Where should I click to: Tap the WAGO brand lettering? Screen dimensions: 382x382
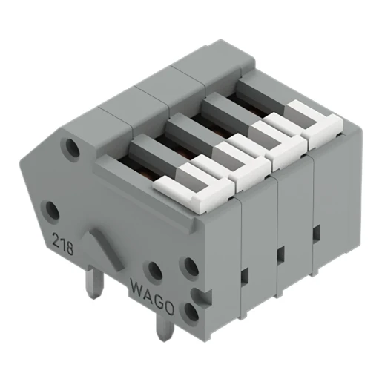(152, 290)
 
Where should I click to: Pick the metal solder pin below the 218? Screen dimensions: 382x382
(93, 283)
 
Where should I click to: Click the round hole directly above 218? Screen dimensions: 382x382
(53, 211)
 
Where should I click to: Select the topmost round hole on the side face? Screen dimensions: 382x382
(73, 149)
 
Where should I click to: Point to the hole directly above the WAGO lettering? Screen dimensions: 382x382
(154, 271)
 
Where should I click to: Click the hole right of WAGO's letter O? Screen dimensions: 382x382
(191, 312)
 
